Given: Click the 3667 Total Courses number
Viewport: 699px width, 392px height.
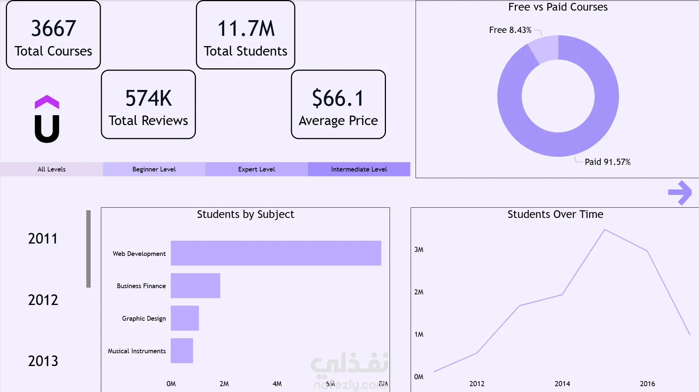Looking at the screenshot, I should click(x=53, y=29).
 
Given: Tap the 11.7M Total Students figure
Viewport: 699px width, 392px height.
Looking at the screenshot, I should click(x=246, y=29).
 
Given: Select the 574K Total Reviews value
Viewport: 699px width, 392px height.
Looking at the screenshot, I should click(x=148, y=98).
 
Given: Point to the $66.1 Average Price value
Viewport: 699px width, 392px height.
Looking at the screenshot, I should click(x=338, y=98).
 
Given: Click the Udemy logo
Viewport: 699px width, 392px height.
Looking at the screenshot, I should click(x=47, y=119).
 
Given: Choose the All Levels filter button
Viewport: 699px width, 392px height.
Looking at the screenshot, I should click(x=52, y=169).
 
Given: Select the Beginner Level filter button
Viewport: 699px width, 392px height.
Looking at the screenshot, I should click(x=154, y=169).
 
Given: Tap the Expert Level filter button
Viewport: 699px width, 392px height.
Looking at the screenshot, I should click(x=257, y=169).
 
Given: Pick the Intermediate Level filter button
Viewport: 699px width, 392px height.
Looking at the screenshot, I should click(x=359, y=169).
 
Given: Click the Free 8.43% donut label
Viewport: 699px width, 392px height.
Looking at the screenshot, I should click(x=510, y=30).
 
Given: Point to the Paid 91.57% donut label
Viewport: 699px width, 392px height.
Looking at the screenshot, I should click(x=607, y=162).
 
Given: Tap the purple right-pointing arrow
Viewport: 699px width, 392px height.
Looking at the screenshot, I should click(x=680, y=193).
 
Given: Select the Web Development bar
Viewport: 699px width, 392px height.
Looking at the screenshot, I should click(x=276, y=253).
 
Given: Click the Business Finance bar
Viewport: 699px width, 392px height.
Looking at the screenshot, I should click(x=196, y=286).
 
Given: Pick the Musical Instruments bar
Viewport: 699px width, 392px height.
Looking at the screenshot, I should click(x=182, y=351).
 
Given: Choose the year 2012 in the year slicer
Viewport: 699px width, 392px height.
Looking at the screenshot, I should click(x=43, y=300).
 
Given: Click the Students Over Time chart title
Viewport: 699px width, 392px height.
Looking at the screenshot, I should click(x=555, y=214).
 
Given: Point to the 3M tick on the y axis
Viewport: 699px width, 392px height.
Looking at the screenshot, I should click(x=419, y=250).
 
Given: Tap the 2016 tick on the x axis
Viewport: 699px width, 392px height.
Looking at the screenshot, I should click(x=647, y=384).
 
